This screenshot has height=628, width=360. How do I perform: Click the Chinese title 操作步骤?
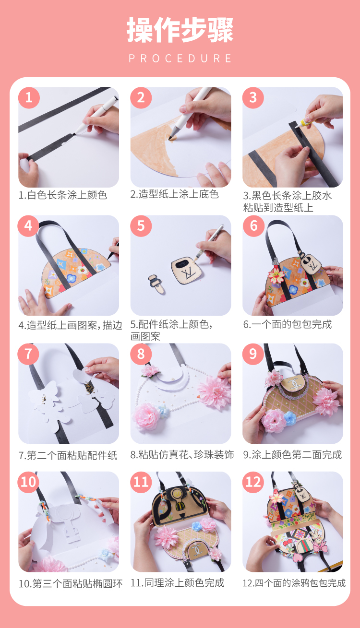(x=180, y=30)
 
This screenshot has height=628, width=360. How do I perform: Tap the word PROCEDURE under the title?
(x=180, y=59)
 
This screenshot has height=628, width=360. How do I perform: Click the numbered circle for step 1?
(x=29, y=97)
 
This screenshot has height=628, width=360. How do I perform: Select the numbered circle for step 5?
(x=141, y=226)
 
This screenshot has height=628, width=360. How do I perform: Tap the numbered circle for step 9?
(x=253, y=354)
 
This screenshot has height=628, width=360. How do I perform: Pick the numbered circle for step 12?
(x=253, y=482)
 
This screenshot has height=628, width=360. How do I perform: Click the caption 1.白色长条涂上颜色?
(x=63, y=195)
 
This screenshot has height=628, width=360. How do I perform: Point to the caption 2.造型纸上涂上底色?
(x=175, y=194)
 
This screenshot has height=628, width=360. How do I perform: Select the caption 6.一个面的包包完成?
(x=288, y=324)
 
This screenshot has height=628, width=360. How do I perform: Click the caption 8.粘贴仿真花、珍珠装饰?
(x=182, y=454)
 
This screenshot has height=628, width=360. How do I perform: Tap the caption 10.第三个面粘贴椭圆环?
(x=71, y=584)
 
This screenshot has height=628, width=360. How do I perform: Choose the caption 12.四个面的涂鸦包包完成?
(x=294, y=583)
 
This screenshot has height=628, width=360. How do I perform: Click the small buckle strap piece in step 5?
(x=156, y=284)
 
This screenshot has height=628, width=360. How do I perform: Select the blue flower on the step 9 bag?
(x=290, y=418)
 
